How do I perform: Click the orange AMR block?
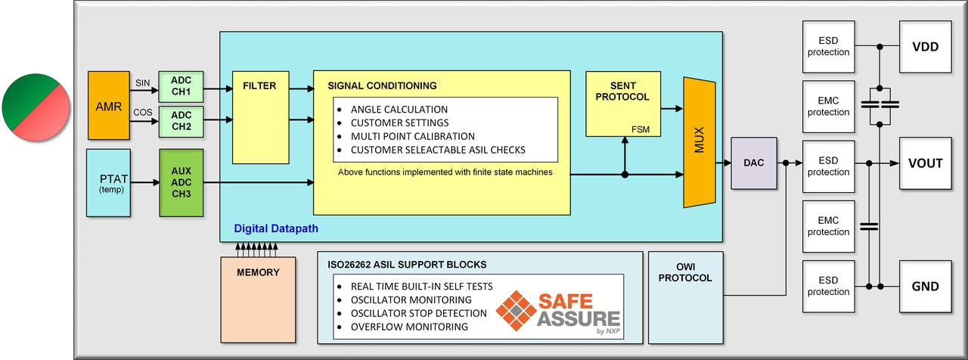point(109,105)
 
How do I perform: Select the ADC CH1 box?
point(181,87)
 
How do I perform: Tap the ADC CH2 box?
point(181,121)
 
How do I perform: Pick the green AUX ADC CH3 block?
point(181,182)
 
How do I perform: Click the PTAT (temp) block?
point(108,182)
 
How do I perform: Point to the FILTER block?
point(259,117)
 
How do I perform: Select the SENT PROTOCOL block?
point(622,104)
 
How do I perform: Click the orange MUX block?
point(699,142)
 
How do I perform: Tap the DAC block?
point(753,163)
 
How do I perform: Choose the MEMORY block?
point(258,298)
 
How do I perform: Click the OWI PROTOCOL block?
point(685,297)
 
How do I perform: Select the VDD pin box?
point(924,47)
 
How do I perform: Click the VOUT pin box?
point(924,163)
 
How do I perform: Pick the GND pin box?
point(924,286)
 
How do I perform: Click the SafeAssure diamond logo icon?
point(516,311)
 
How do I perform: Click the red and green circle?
point(36,105)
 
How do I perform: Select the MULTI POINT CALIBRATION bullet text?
point(412,136)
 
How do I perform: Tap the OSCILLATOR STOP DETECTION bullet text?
point(418,313)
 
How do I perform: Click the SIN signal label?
point(143,82)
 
